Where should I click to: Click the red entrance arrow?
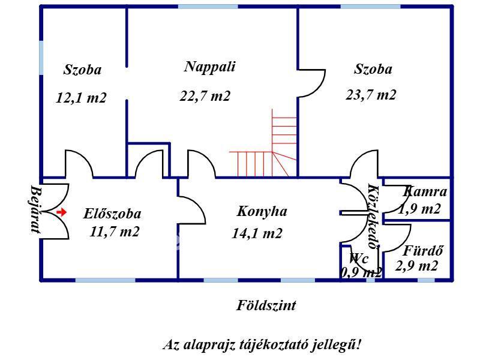click(x=61, y=212)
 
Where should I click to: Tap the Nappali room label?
click(x=209, y=67)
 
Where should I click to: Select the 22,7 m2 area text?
click(x=205, y=96)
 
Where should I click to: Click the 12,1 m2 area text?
click(x=81, y=98)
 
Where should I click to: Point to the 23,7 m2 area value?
click(x=371, y=95)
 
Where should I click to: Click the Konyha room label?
click(x=262, y=211)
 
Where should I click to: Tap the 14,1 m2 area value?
click(x=257, y=234)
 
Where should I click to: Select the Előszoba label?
click(x=113, y=213)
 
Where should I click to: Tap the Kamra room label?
click(x=425, y=192)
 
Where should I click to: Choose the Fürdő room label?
click(x=423, y=251)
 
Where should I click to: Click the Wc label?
click(x=359, y=259)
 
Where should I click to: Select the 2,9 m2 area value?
click(x=417, y=266)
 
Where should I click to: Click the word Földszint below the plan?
click(x=266, y=305)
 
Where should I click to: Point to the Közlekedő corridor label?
click(x=373, y=216)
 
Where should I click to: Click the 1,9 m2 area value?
click(x=419, y=209)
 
